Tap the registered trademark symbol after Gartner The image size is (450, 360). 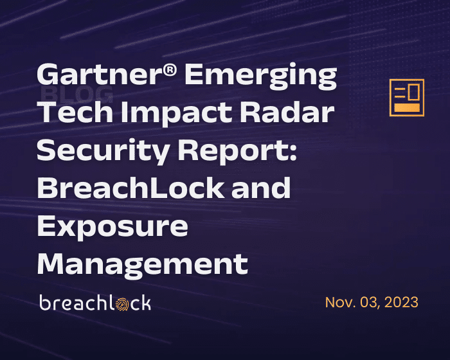[x=168, y=71]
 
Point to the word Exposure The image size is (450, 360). [x=113, y=227]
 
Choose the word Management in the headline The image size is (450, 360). [x=142, y=264]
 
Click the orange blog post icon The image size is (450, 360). [x=407, y=97]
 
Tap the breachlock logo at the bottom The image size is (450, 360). [x=95, y=303]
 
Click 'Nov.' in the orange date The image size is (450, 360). [x=339, y=302]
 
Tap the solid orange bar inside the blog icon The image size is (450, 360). [x=406, y=107]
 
